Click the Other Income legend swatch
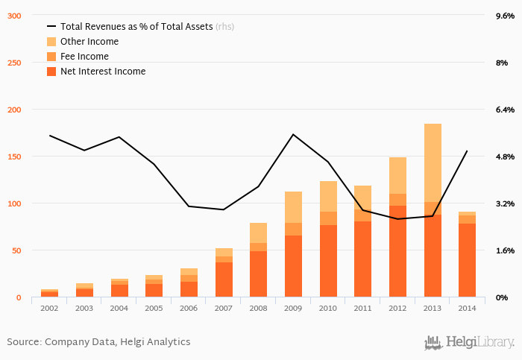point(51,42)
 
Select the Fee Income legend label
point(84,57)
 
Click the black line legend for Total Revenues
point(51,27)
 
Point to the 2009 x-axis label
point(294,307)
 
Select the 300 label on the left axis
point(13,16)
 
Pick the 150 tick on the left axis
point(13,157)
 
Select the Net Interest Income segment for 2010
point(328,261)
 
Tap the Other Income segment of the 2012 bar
point(397,175)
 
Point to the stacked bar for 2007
point(224,273)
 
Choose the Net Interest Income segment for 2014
point(468,260)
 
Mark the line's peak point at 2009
point(293,134)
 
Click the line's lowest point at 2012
point(397,219)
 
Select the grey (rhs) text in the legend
point(224,27)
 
